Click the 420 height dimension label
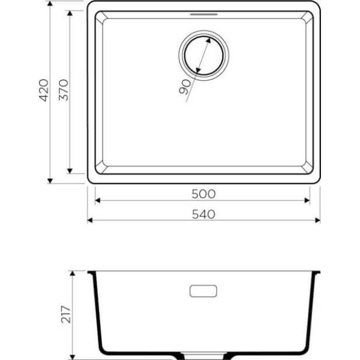[x=42, y=92]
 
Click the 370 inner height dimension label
[x=64, y=89]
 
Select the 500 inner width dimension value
[x=203, y=193]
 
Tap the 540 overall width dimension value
[x=203, y=213]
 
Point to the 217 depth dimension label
[x=65, y=315]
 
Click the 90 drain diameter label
[x=185, y=87]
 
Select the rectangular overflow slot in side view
[x=203, y=290]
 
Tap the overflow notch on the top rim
[x=203, y=13]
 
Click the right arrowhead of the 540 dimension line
[x=317, y=221]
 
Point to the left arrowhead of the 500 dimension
[x=97, y=200]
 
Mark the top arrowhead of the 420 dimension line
[x=49, y=5]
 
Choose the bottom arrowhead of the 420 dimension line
[x=49, y=180]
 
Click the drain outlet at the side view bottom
[x=203, y=355]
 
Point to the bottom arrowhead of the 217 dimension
[x=72, y=355]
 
